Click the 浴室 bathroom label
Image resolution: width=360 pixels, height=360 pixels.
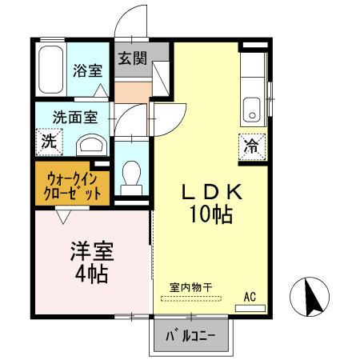[87, 70]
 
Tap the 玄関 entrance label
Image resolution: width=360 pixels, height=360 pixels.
[133, 58]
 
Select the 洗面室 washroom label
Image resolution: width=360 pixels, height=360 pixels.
[75, 117]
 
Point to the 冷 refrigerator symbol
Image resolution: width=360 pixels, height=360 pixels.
[252, 146]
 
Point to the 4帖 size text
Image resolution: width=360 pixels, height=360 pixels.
[92, 274]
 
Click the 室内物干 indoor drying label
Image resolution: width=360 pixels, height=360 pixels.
[190, 286]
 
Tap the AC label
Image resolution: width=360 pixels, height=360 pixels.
[250, 297]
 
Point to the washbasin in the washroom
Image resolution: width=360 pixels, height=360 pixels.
[92, 145]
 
